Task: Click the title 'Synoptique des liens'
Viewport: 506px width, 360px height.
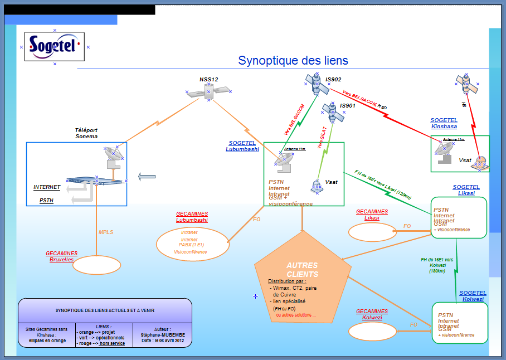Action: [x=293, y=61]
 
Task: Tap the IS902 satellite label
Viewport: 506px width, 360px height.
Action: [x=333, y=80]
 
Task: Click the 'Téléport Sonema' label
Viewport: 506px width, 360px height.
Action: [x=86, y=133]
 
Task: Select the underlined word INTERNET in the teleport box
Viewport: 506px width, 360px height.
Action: [x=47, y=187]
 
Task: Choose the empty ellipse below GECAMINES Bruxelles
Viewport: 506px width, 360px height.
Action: [x=97, y=265]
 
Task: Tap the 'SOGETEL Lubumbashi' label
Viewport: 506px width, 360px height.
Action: [x=242, y=146]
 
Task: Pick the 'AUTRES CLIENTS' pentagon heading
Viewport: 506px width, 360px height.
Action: [x=302, y=270]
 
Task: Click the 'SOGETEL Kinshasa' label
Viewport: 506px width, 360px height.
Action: [x=444, y=123]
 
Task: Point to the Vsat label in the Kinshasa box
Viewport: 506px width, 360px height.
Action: [x=465, y=160]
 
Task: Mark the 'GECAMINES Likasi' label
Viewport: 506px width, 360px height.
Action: [x=372, y=215]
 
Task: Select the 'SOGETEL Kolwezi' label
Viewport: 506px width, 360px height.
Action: [x=473, y=296]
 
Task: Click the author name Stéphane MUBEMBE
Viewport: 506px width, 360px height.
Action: [x=163, y=335]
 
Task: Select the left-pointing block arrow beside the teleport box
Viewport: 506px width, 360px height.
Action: [x=147, y=177]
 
